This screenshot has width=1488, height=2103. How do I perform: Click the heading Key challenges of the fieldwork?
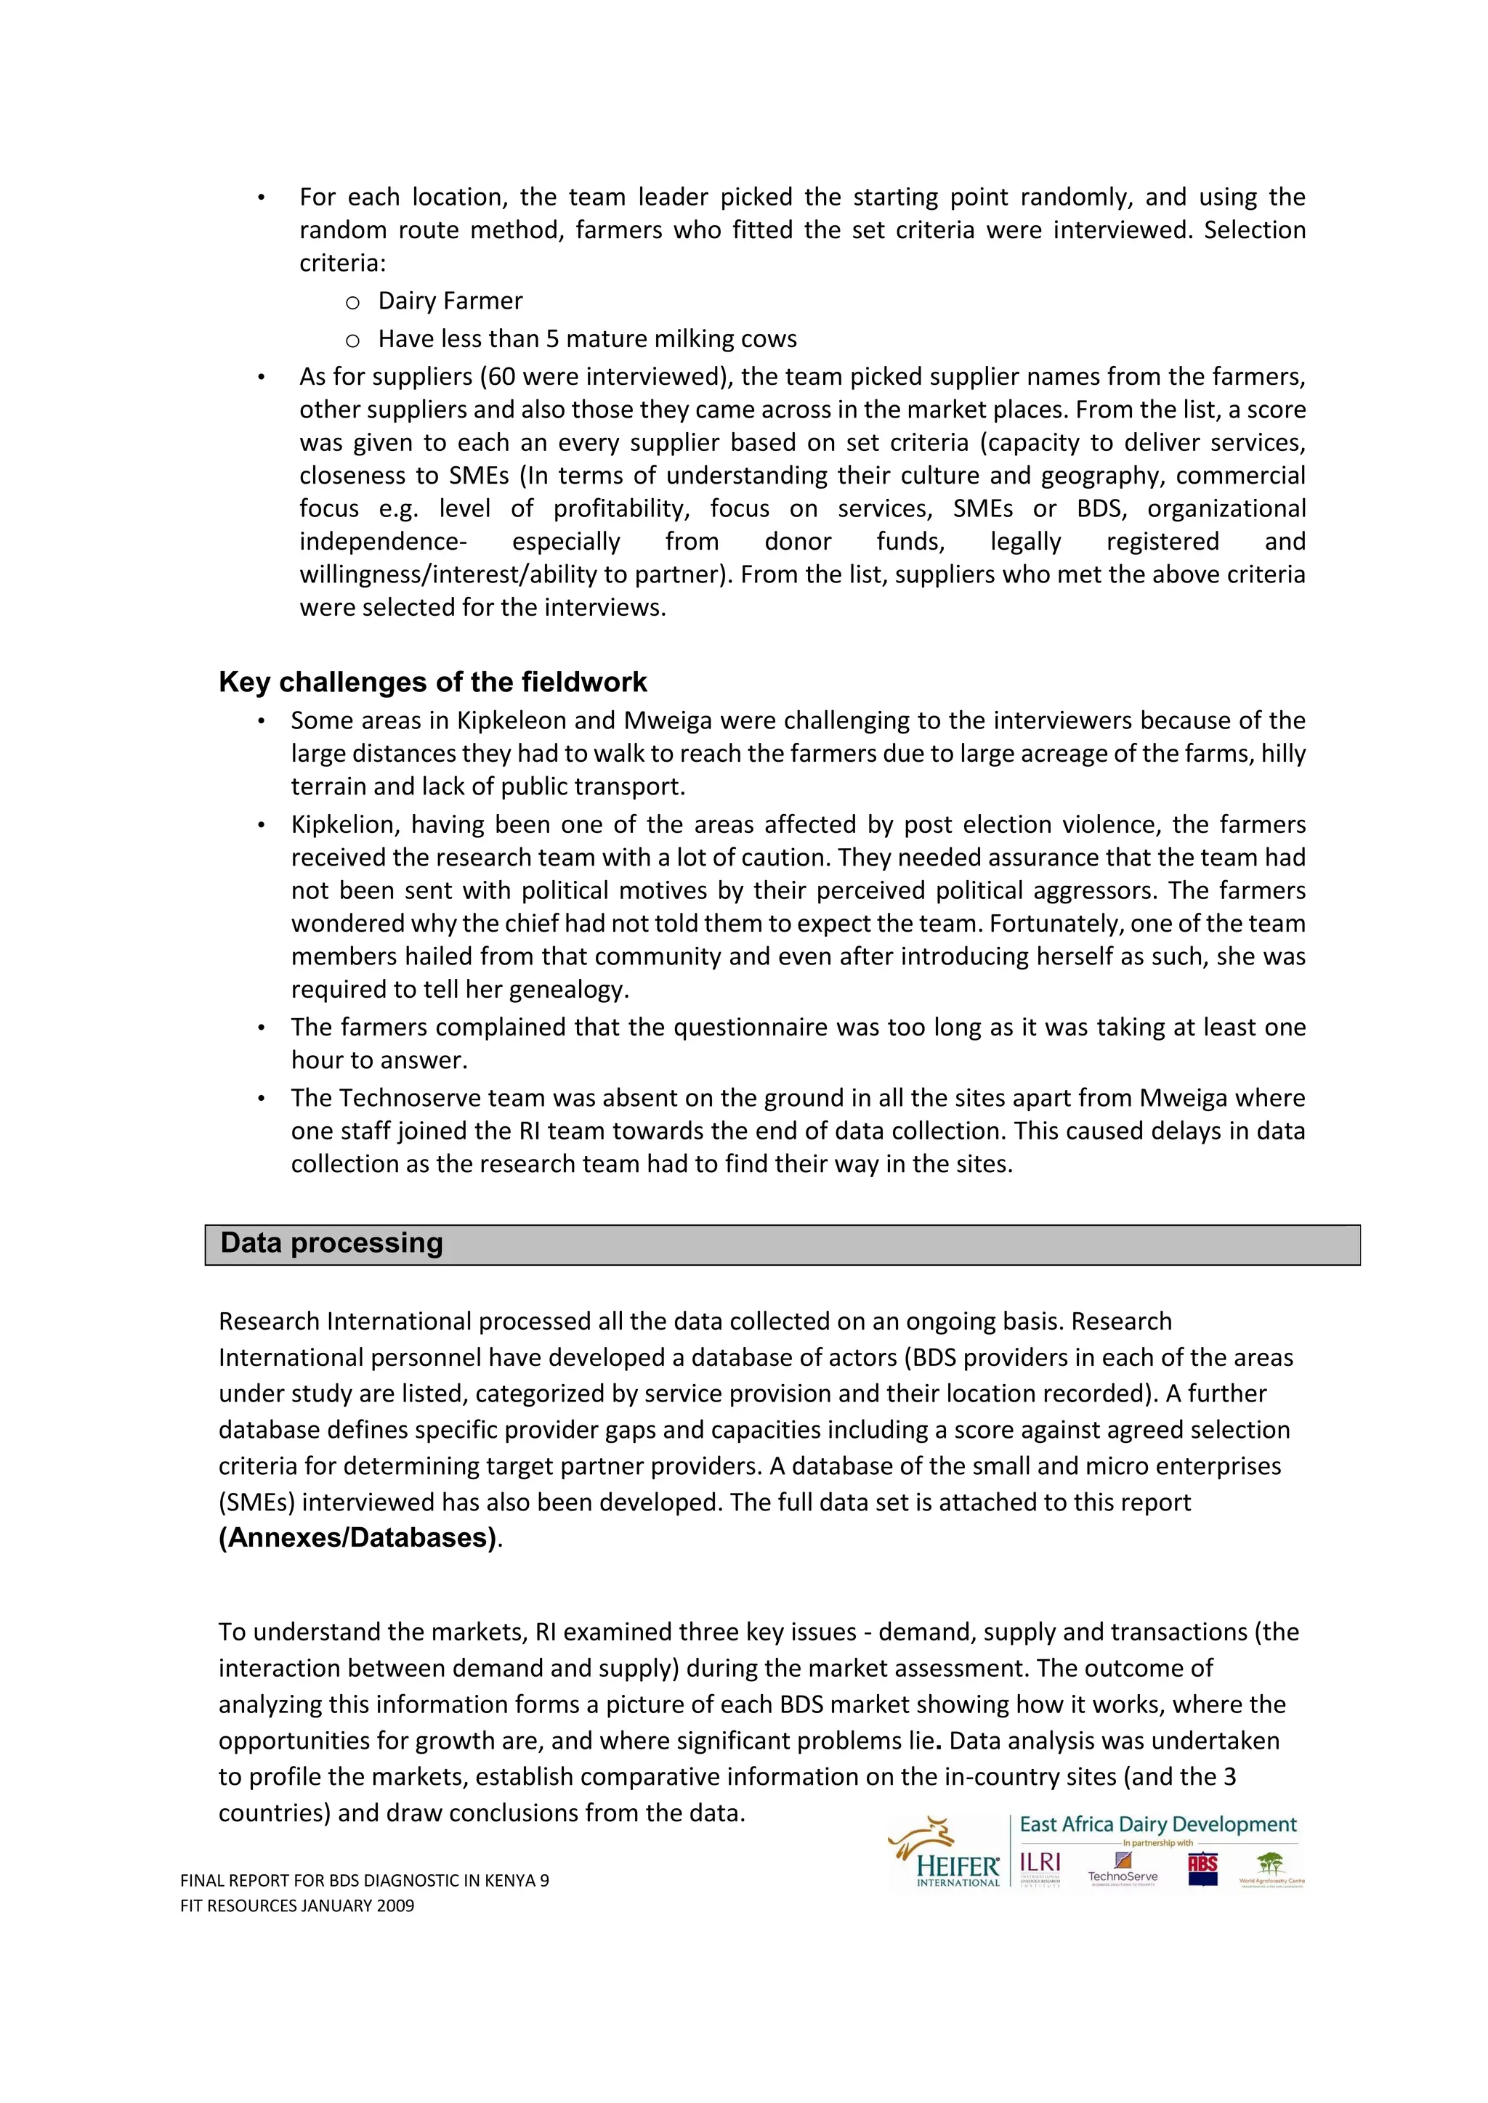(x=432, y=683)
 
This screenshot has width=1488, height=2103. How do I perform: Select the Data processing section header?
(x=332, y=1243)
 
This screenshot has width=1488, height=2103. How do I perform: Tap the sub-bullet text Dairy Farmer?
(x=450, y=301)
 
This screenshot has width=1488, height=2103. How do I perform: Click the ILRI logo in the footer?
(x=1040, y=1864)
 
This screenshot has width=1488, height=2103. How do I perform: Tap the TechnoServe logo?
(x=1123, y=1868)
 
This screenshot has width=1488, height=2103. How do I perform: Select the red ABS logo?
(x=1202, y=1867)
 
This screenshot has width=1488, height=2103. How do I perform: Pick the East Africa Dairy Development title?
(x=1158, y=1825)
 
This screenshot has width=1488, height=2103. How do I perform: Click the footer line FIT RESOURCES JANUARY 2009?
(x=297, y=1905)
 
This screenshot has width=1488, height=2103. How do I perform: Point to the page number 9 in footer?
(x=544, y=1880)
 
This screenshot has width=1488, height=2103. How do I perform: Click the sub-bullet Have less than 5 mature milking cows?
(x=587, y=339)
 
